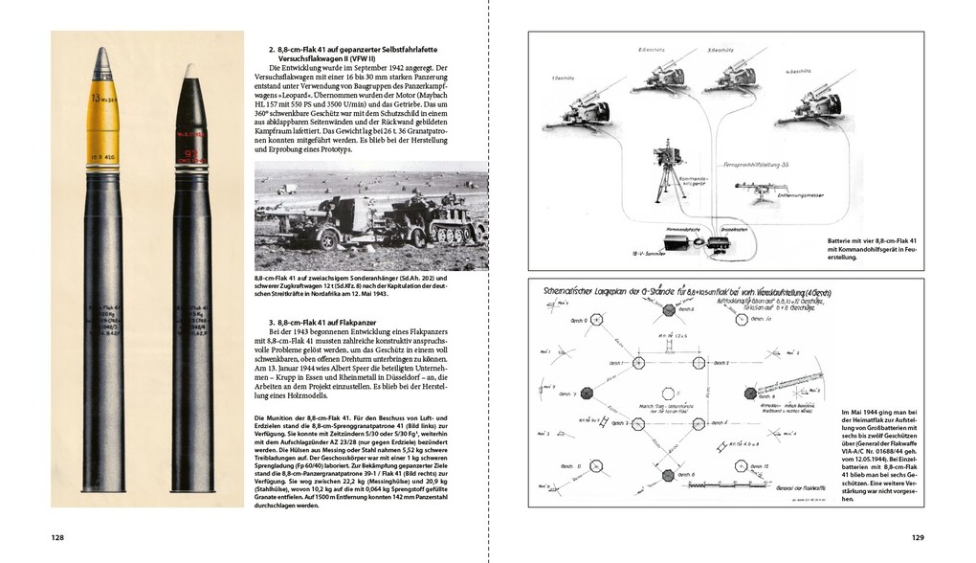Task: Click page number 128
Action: click(x=57, y=538)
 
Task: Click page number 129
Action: click(x=917, y=538)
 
